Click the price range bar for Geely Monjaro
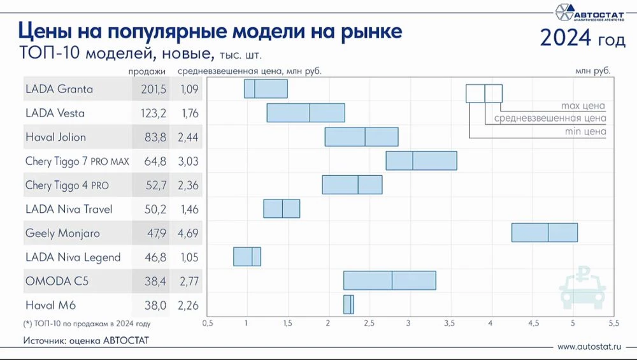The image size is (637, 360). coord(544,233)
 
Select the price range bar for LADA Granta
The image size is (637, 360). coord(266,89)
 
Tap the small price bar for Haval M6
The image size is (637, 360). coord(348,305)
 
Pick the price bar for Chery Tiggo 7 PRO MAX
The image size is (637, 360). coord(421,161)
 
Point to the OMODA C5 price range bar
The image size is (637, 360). coord(389,280)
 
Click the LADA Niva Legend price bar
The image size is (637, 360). coord(247,257)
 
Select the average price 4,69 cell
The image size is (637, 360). coord(189,233)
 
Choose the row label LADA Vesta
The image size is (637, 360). coord(55,113)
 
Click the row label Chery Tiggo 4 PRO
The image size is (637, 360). coord(67,185)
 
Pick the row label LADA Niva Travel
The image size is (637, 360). coord(69,209)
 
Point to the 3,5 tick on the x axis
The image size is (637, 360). coord(449,324)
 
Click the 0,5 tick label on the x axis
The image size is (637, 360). coord(207,324)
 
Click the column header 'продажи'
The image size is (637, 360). coord(147,71)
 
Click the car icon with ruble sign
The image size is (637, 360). coord(582,290)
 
